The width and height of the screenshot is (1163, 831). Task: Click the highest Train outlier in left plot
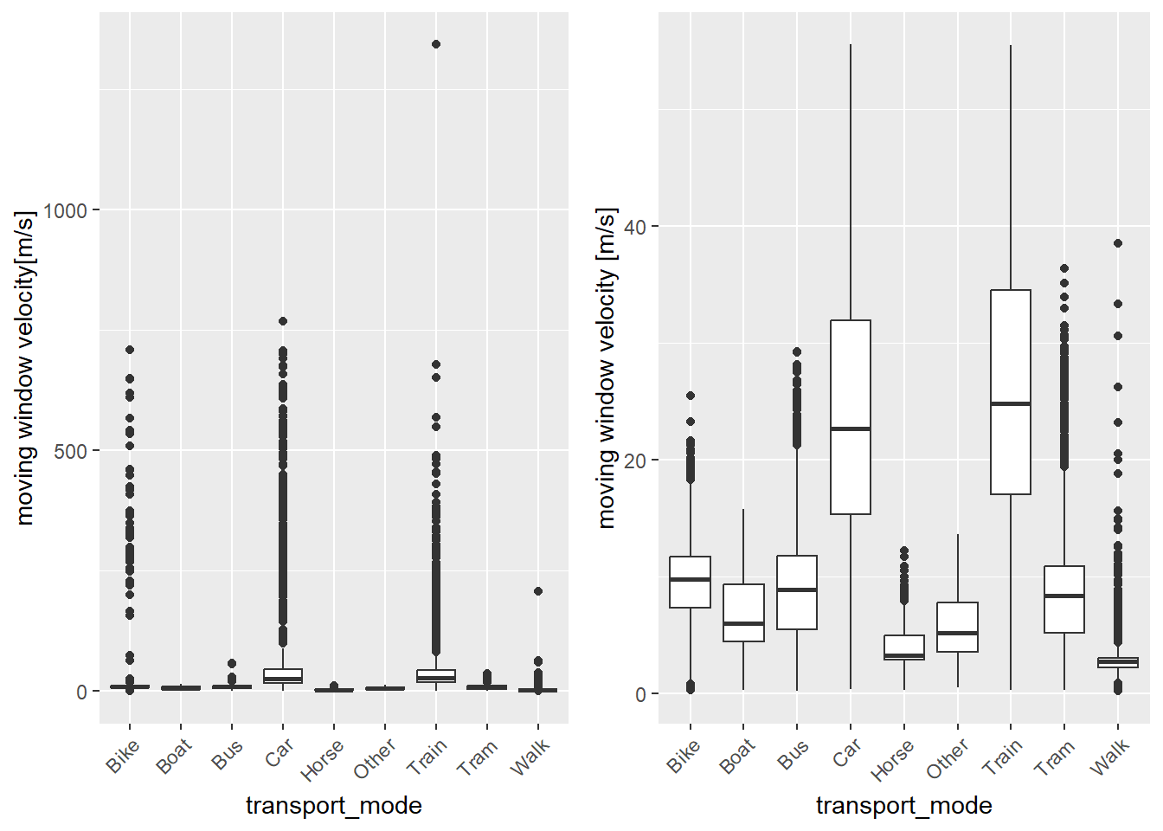(436, 44)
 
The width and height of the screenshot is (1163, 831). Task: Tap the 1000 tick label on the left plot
(65, 210)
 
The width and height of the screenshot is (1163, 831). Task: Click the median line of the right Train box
(1011, 403)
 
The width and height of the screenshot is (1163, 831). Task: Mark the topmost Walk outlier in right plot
(1118, 243)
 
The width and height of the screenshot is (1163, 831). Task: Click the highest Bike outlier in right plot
(691, 396)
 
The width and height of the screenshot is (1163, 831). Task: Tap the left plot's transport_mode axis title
(334, 806)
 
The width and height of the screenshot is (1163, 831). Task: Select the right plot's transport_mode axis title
(903, 806)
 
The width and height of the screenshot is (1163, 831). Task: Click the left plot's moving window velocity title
(26, 368)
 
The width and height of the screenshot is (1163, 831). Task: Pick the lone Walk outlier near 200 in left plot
(538, 591)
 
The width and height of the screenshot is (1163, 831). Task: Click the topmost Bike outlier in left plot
(130, 350)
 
